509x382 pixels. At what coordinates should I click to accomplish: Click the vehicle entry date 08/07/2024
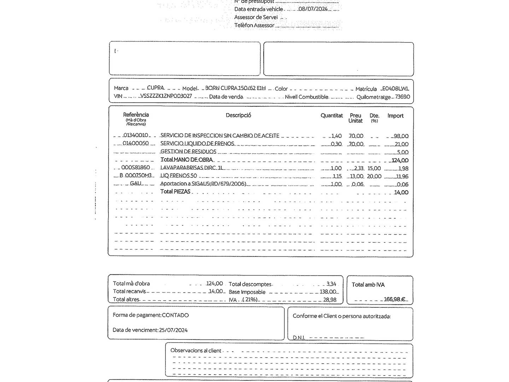point(313,9)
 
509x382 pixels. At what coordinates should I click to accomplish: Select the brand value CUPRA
point(156,88)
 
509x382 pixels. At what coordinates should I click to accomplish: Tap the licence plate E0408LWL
point(396,88)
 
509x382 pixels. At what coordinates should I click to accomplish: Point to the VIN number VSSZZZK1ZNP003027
point(166,96)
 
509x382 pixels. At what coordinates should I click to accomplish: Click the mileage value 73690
point(402,97)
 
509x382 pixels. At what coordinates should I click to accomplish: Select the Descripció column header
point(238,115)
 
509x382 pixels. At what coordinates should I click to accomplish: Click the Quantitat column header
point(332,116)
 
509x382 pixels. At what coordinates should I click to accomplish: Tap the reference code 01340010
point(135,135)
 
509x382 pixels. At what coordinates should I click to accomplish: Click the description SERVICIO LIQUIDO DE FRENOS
point(197,144)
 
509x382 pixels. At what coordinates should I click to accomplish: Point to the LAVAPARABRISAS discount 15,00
point(374,168)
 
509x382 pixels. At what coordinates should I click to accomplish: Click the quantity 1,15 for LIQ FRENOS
point(337,176)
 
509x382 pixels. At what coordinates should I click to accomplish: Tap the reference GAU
point(135,183)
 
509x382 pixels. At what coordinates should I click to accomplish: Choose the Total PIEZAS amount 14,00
point(401,192)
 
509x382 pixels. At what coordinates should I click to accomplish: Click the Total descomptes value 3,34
point(331,284)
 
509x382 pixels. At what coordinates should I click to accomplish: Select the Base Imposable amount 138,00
point(328,292)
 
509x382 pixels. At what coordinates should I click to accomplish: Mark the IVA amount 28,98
point(330,300)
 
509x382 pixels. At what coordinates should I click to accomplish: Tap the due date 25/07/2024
point(173,330)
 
